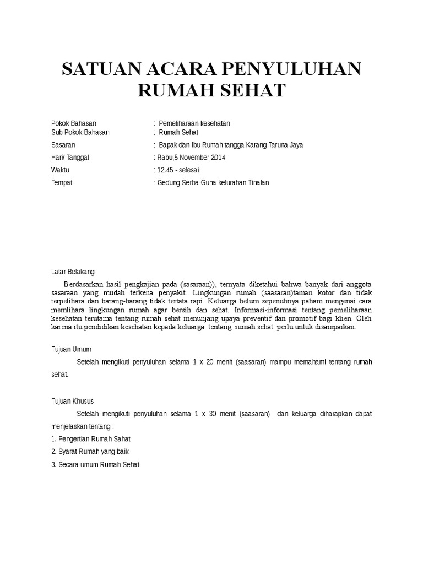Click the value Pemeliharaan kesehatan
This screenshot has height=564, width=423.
click(191, 123)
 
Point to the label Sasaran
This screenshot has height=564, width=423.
click(63, 145)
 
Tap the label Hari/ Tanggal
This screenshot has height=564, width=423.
click(70, 158)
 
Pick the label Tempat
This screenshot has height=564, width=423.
click(62, 182)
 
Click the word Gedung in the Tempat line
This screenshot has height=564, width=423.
click(169, 182)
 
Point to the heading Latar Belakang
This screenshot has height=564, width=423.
click(73, 272)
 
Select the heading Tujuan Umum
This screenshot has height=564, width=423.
click(71, 349)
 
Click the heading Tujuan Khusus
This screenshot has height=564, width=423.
click(72, 401)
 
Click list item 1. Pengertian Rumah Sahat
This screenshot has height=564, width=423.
click(91, 439)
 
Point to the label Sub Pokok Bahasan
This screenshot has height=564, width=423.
click(80, 132)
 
